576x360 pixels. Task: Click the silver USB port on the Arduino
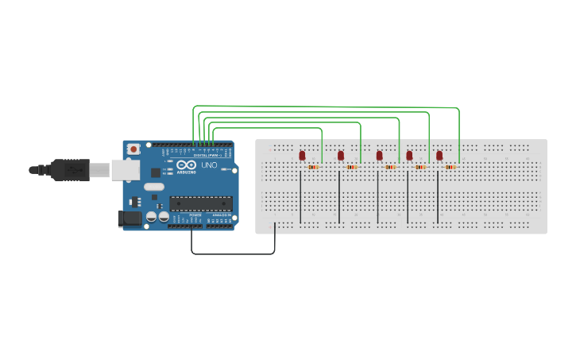point(123,168)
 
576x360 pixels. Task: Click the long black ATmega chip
point(201,204)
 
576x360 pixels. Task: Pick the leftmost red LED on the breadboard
point(302,155)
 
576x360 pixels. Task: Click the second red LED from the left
point(341,155)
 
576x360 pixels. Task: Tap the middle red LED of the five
point(379,155)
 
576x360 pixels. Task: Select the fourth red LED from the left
point(409,155)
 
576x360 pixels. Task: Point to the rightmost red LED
point(439,155)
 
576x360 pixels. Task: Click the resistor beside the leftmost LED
point(313,167)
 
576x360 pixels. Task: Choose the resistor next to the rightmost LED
point(450,167)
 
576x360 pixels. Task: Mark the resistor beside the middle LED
point(390,167)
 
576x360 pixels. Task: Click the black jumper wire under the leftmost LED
point(300,199)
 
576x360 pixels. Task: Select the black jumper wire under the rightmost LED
point(438,199)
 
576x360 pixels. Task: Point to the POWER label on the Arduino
point(196,215)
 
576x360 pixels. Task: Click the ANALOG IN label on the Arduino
point(220,215)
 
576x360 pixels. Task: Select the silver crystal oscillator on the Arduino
point(153,187)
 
